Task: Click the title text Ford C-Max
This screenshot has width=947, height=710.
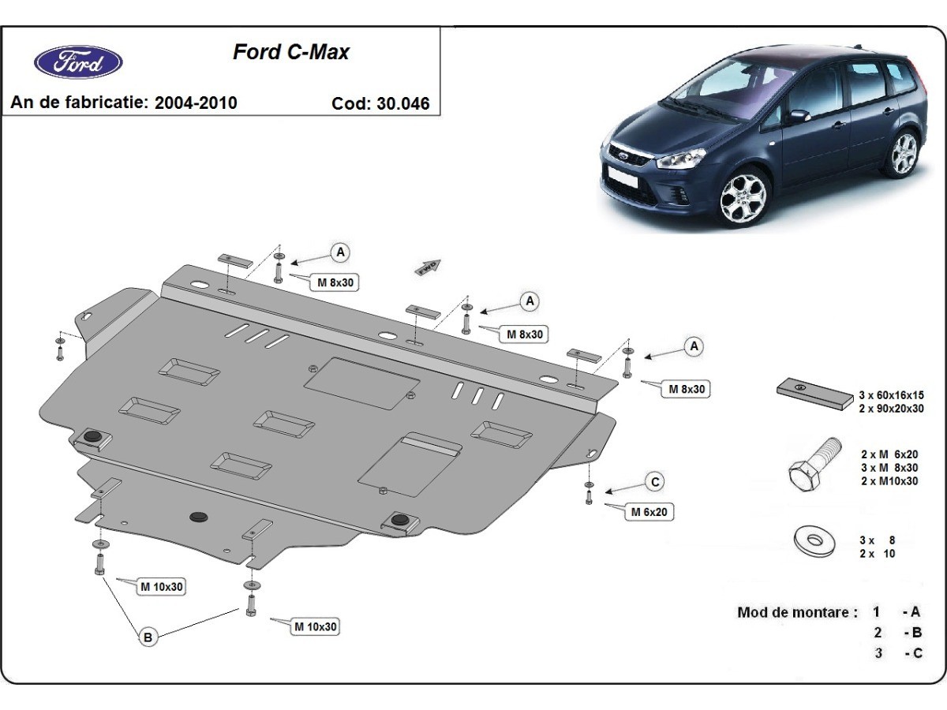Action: (x=290, y=53)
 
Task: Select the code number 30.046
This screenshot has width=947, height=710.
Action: (x=407, y=103)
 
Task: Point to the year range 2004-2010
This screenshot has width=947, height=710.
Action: (x=196, y=103)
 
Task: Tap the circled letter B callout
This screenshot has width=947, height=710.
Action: (x=148, y=637)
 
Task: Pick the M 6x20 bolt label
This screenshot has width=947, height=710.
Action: (x=650, y=512)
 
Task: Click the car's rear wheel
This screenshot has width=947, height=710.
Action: (x=903, y=155)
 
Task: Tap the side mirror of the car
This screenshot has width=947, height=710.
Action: (x=799, y=116)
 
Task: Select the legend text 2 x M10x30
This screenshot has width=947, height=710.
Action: (x=889, y=480)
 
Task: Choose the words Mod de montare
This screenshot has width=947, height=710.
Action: (x=797, y=612)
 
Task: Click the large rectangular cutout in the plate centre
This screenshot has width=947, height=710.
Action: (x=361, y=383)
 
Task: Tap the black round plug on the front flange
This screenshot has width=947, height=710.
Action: (x=197, y=516)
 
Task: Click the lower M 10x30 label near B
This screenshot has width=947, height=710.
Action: (x=316, y=627)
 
